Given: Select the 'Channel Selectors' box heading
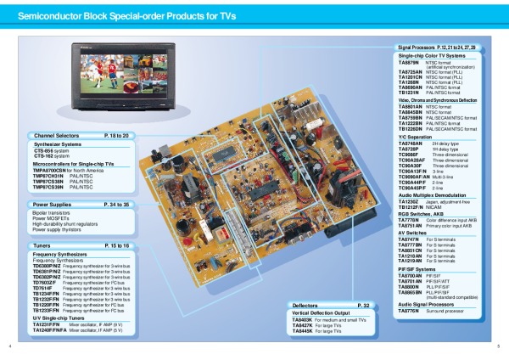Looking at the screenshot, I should (x=57, y=136).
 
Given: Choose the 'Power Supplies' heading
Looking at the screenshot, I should (x=53, y=205).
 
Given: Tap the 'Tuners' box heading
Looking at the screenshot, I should (x=43, y=245).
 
